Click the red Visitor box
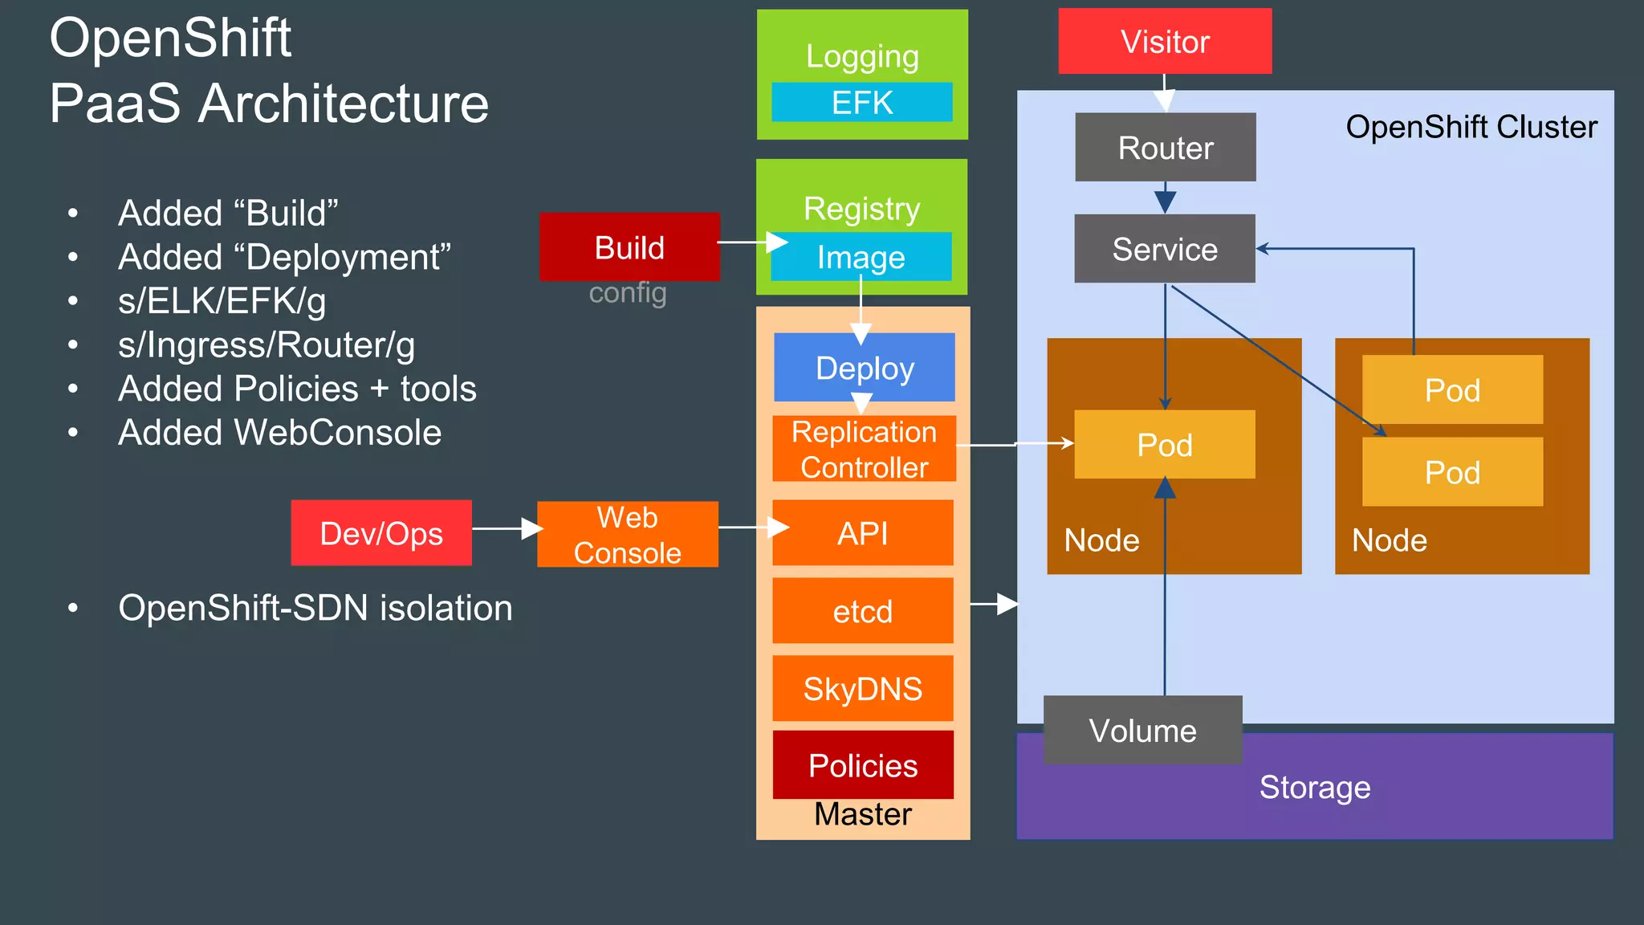coord(1165,41)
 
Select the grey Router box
coord(1165,147)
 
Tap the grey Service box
coord(1164,249)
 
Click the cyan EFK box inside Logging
coord(862,102)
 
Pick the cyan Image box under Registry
coord(861,257)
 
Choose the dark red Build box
coord(629,247)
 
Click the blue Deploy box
coord(865,367)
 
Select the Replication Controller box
coord(864,449)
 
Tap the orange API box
coord(863,533)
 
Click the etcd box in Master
coord(863,611)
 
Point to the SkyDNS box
coord(863,688)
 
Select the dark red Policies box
coord(863,764)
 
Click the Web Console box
coord(627,535)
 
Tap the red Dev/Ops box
coord(381,533)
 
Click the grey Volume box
coord(1142,730)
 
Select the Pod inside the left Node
coord(1164,444)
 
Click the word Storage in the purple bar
coord(1314,787)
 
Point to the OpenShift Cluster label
coord(1471,127)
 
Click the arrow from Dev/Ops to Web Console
coord(506,528)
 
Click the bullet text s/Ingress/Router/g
coord(266,344)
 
